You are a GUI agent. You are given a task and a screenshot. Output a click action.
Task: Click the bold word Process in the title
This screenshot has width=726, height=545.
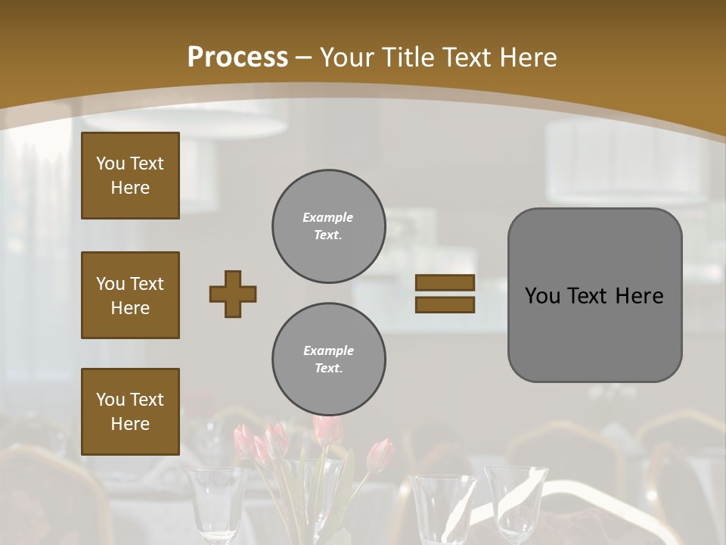237,58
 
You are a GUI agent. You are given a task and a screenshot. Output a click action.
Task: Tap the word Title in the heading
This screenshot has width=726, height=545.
407,58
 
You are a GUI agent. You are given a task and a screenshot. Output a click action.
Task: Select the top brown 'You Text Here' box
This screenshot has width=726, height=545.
130,176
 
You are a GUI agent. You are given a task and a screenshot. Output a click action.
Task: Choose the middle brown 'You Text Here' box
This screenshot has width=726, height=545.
130,295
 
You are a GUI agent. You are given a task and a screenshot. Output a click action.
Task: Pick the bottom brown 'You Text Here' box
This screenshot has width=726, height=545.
130,412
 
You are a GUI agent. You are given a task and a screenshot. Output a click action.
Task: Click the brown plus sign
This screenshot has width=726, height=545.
233,294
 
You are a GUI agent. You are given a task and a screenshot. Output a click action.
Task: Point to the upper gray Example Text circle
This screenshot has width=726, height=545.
328,226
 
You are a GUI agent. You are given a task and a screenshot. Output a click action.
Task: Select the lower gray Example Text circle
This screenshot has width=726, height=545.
328,360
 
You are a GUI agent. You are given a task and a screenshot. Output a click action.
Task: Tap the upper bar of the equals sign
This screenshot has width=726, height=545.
445,283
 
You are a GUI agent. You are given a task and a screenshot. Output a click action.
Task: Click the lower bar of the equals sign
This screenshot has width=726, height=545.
445,305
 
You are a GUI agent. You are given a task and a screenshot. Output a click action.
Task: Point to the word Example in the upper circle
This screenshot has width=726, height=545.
328,218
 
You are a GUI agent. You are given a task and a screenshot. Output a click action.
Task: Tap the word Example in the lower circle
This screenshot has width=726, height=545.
328,351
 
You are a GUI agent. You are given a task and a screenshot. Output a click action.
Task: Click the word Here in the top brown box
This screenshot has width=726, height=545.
130,188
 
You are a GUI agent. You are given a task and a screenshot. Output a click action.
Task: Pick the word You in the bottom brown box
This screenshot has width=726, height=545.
110,400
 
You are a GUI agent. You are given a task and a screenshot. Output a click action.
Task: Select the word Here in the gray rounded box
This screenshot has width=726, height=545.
639,296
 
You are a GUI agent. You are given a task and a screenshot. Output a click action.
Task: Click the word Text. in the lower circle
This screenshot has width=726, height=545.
328,369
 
